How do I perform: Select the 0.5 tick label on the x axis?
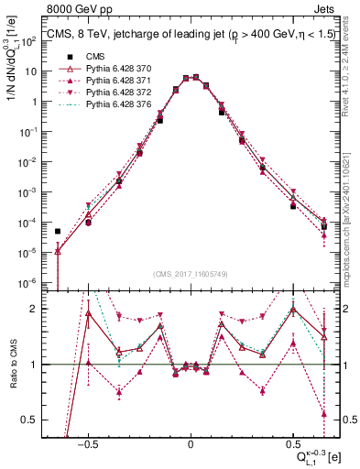[293, 442]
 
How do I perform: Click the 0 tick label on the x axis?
[191, 442]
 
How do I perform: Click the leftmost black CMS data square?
[58, 232]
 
